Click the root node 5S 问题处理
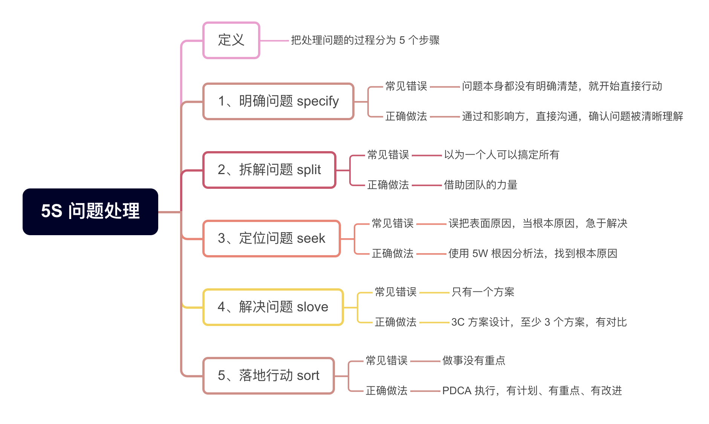click(90, 211)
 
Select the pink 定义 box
click(231, 40)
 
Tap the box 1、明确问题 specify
click(278, 101)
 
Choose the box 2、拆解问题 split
click(269, 170)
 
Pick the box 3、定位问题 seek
click(271, 239)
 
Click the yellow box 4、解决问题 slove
click(273, 307)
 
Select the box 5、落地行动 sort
click(268, 376)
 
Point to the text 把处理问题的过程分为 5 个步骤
click(365, 40)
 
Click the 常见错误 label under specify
click(406, 86)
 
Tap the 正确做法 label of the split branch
click(388, 185)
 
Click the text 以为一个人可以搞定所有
click(501, 155)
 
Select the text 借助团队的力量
click(480, 185)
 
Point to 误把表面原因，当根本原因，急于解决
click(538, 223)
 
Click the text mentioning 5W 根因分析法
click(532, 254)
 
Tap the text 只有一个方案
click(483, 292)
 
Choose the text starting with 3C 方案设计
click(539, 322)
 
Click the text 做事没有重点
click(474, 361)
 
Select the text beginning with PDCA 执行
click(532, 391)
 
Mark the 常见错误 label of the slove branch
click(396, 292)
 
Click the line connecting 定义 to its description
click(274, 41)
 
